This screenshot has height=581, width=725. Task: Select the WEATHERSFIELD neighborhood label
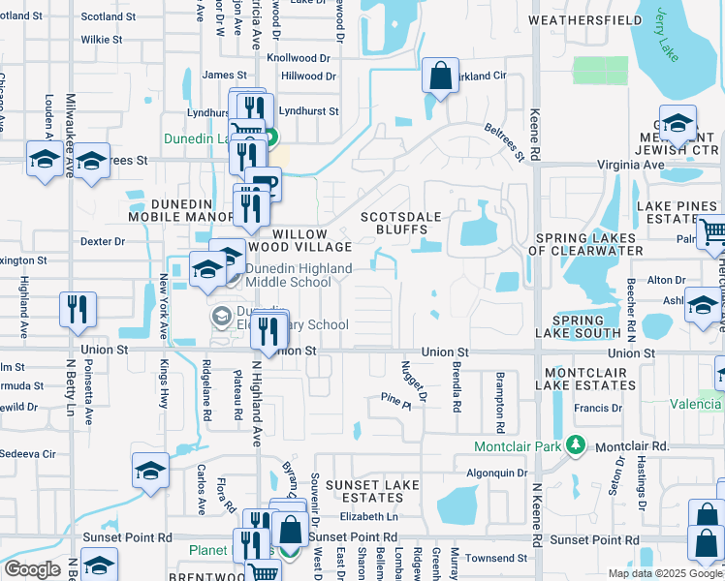tap(585, 19)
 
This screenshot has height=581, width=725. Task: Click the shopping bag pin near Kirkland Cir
tap(440, 76)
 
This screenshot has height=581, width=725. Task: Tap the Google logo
tap(32, 569)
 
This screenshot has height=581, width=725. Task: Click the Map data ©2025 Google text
tap(664, 573)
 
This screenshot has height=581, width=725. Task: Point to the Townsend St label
tap(495, 558)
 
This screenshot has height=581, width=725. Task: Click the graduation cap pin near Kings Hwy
tap(150, 472)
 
